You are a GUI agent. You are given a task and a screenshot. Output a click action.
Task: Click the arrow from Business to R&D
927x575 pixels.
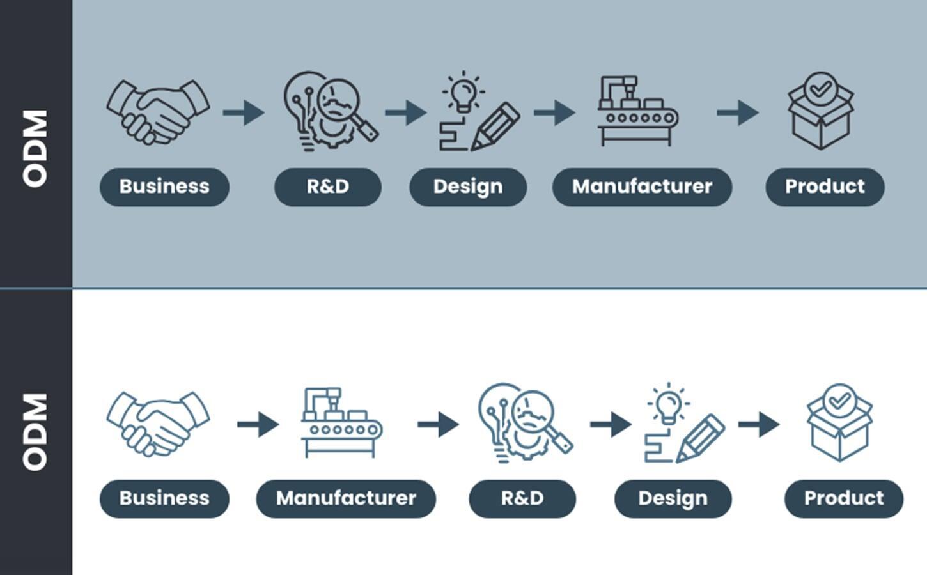pyautogui.click(x=244, y=112)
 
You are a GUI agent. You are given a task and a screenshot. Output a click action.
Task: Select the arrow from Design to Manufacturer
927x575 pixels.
pyautogui.click(x=554, y=112)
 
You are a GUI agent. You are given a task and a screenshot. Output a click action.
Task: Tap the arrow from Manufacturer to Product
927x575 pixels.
pyautogui.click(x=738, y=112)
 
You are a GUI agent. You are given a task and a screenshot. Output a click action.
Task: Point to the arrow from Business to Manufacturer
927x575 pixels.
pyautogui.click(x=258, y=424)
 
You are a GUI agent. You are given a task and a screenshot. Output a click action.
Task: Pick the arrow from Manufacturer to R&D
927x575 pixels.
pyautogui.click(x=439, y=424)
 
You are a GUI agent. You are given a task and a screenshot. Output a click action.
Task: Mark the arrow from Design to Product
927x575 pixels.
pyautogui.click(x=759, y=424)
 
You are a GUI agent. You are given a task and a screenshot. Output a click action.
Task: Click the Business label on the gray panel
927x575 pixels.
pyautogui.click(x=164, y=187)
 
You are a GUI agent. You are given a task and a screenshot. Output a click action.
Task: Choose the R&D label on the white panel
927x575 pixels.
pyautogui.click(x=522, y=499)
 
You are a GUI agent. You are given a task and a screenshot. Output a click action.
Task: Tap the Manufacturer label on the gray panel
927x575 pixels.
pyautogui.click(x=643, y=187)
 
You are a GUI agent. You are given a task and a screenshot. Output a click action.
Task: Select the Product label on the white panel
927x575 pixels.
pyautogui.click(x=844, y=499)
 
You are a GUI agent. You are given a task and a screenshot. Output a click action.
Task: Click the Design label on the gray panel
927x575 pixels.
pyautogui.click(x=468, y=187)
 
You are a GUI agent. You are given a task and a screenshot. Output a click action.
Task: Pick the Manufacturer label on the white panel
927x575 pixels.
pyautogui.click(x=346, y=499)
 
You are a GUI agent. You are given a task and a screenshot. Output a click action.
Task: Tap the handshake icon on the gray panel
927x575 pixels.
pyautogui.click(x=158, y=112)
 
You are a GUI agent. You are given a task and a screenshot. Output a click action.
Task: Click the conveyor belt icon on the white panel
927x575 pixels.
pyautogui.click(x=342, y=423)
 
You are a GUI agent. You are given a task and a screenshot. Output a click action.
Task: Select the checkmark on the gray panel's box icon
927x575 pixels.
pyautogui.click(x=821, y=88)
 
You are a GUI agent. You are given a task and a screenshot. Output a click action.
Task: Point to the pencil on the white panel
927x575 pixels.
pyautogui.click(x=701, y=438)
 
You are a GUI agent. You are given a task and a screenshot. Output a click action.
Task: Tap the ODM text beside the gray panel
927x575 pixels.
pyautogui.click(x=35, y=148)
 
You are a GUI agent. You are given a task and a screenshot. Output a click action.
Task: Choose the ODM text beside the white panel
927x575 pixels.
pyautogui.click(x=35, y=432)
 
